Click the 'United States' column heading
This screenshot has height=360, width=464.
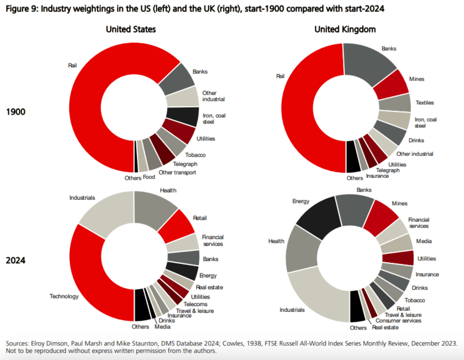click(x=131, y=29)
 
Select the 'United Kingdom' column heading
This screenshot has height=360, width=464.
click(x=345, y=29)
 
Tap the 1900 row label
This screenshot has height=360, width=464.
click(x=16, y=112)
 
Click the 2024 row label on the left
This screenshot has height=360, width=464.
click(x=16, y=261)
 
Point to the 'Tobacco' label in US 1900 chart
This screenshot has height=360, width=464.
click(x=195, y=155)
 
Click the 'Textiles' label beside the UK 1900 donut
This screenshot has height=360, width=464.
click(x=424, y=103)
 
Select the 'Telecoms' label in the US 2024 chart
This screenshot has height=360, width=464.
click(x=195, y=304)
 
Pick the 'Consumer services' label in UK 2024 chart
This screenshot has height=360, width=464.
click(x=398, y=320)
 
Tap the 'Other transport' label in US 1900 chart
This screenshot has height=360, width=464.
click(x=177, y=172)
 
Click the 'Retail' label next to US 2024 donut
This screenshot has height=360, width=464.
click(x=200, y=218)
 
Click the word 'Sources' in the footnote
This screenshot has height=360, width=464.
click(x=17, y=344)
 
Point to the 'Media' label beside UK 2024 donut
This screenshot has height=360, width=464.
click(x=424, y=241)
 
